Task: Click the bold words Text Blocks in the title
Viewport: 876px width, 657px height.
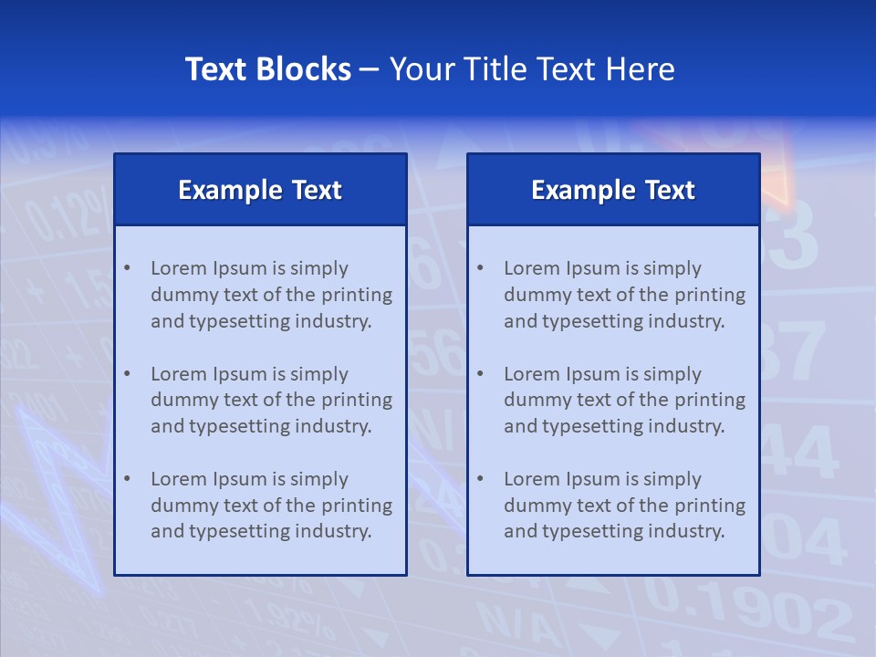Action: (267, 69)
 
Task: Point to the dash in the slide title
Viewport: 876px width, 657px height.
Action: (370, 70)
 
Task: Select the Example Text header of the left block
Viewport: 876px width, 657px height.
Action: (260, 190)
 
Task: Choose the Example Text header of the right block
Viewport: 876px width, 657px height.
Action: (613, 190)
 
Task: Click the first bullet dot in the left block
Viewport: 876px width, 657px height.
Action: (127, 268)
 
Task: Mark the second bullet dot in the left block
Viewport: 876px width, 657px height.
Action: (127, 374)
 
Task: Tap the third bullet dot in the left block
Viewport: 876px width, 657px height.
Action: (127, 479)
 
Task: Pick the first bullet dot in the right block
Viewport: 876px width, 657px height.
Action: (480, 268)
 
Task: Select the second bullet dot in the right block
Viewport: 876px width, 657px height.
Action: (480, 374)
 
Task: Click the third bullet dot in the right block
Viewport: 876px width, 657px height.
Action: (480, 479)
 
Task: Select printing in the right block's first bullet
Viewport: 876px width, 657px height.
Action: (711, 295)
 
